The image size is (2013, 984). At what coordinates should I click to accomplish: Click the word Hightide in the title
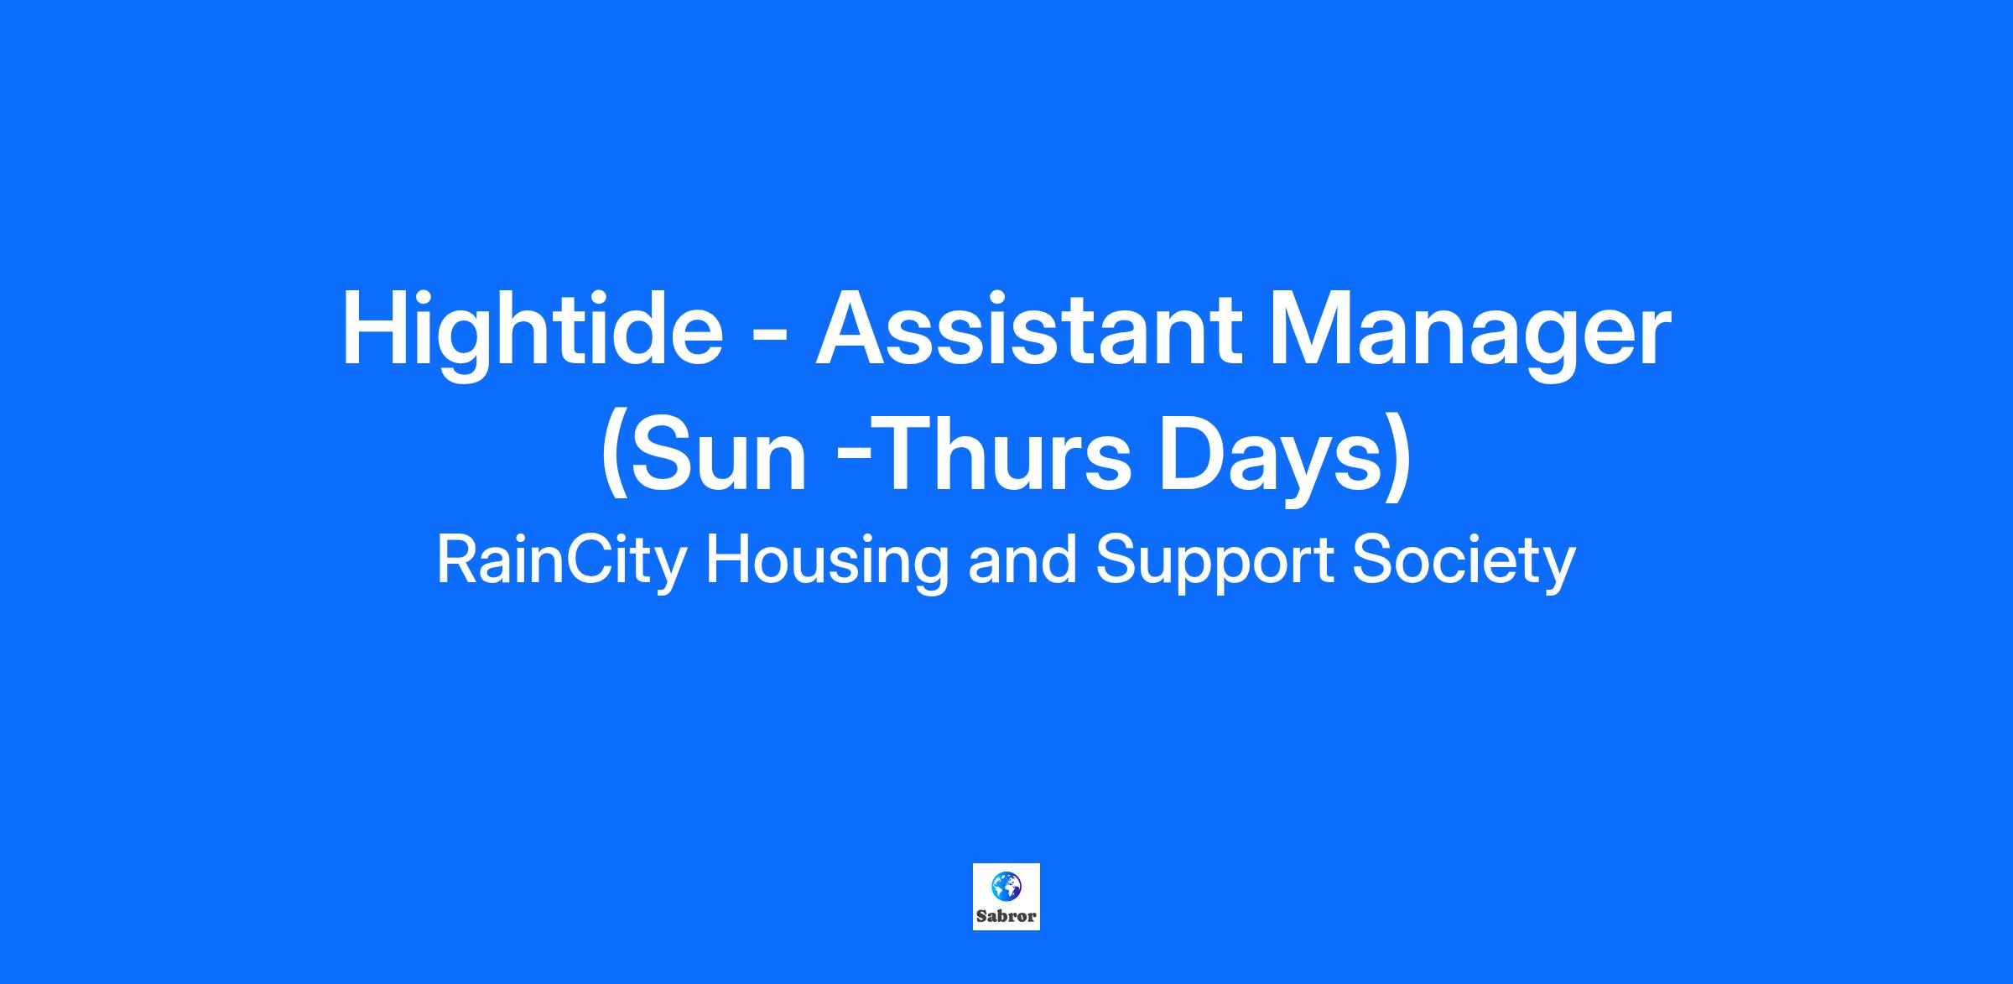pyautogui.click(x=532, y=332)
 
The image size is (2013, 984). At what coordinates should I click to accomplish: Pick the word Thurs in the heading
pyautogui.click(x=1006, y=454)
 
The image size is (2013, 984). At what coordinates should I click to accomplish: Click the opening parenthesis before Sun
pyautogui.click(x=615, y=458)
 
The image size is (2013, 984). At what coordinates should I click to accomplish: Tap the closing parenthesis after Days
pyautogui.click(x=1398, y=458)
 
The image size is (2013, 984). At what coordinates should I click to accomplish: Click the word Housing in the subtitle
pyautogui.click(x=827, y=564)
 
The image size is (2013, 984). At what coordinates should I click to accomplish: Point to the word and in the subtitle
pyautogui.click(x=1022, y=560)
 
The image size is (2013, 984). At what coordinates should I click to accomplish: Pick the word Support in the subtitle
pyautogui.click(x=1215, y=564)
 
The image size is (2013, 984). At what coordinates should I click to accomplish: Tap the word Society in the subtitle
pyautogui.click(x=1464, y=564)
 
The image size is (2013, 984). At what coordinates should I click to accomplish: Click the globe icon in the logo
pyautogui.click(x=1006, y=887)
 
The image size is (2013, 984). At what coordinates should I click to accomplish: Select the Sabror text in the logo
pyautogui.click(x=1006, y=916)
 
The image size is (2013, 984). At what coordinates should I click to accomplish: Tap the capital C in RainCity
pyautogui.click(x=577, y=560)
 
